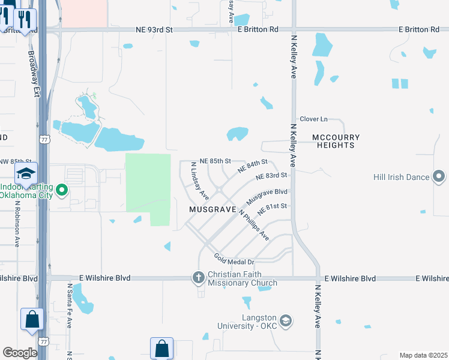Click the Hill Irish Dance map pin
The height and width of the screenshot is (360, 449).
439,177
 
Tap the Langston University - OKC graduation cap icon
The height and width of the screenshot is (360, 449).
285,320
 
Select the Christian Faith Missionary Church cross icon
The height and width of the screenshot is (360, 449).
199,278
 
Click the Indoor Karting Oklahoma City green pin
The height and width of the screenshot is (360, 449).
61,192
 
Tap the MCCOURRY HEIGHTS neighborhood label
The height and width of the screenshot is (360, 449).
336,142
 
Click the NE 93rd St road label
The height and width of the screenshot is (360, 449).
154,29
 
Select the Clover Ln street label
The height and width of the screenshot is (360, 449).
314,119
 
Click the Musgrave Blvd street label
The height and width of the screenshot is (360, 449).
267,196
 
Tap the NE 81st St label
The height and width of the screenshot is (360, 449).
273,209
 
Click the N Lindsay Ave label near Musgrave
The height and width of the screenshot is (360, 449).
199,181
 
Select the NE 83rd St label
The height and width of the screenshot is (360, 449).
271,176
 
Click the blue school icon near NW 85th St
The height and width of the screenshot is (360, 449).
26,174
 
